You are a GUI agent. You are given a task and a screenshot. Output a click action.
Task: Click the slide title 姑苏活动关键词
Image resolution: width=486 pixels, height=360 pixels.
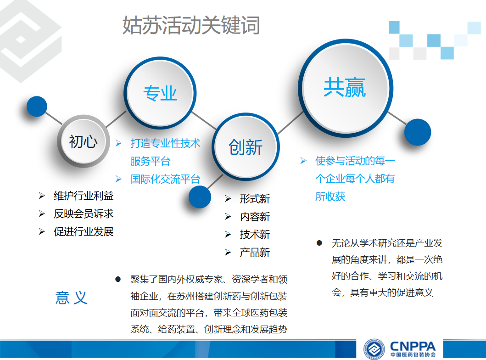[191, 25]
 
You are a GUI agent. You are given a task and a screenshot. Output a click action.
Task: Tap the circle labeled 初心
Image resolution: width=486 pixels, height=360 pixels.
[84, 141]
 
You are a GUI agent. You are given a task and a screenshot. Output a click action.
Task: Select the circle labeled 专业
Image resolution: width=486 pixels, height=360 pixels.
[160, 93]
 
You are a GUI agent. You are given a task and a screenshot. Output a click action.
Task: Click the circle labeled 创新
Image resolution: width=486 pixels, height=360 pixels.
[246, 146]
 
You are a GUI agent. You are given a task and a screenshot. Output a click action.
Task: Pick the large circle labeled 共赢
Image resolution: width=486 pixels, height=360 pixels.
[345, 88]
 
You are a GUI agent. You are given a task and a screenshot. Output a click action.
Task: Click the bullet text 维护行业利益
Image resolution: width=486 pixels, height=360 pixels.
[84, 196]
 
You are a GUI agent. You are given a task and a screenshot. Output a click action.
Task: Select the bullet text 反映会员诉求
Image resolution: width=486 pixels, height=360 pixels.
[84, 214]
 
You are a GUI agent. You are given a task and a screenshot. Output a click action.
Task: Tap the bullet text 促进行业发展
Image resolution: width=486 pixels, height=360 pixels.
[84, 231]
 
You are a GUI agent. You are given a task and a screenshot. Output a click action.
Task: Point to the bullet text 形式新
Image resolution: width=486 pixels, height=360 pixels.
[255, 199]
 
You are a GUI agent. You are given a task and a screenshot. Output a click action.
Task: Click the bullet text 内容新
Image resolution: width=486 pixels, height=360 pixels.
[255, 217]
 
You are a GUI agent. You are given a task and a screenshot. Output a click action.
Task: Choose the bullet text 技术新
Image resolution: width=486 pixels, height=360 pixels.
[255, 235]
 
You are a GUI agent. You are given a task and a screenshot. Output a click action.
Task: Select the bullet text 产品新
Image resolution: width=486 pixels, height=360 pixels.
[255, 253]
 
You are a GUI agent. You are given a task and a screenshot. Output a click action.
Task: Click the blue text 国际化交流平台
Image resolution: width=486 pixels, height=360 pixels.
[166, 179]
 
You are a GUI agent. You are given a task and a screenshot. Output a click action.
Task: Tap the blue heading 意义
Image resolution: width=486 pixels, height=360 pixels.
[71, 298]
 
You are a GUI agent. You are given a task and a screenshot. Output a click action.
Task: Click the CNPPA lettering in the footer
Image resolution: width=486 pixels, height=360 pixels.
[413, 346]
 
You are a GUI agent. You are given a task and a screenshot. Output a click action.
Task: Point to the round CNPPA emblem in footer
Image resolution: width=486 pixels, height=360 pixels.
[374, 349]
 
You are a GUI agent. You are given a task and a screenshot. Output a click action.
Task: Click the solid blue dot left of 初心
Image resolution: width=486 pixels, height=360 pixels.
[37, 107]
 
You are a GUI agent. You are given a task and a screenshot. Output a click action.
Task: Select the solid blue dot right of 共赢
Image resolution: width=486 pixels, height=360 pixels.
[418, 132]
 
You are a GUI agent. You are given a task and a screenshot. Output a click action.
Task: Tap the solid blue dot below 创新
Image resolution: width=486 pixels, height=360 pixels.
[200, 197]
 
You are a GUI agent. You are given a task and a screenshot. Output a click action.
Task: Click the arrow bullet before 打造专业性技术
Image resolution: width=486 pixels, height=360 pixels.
[118, 143]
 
